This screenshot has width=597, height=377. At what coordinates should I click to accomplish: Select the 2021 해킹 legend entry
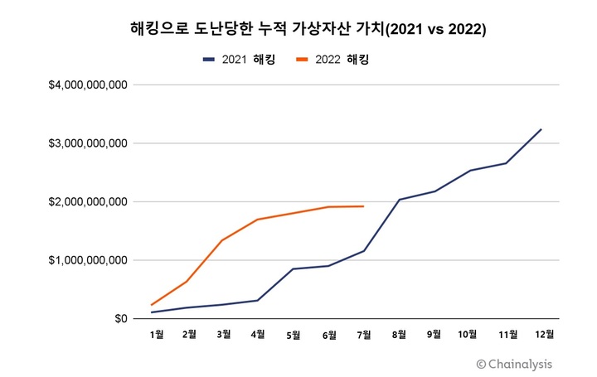point(238,60)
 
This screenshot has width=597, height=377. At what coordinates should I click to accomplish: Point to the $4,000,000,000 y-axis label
point(88,85)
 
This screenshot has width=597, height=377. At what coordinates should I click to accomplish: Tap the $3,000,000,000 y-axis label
point(88,143)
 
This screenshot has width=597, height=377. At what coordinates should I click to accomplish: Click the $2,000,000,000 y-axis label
point(88,202)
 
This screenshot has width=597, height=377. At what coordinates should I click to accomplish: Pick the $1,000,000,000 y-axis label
point(88,260)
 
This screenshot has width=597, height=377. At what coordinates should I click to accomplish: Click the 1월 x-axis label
point(156,335)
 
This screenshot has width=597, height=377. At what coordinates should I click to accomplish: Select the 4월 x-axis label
point(258,335)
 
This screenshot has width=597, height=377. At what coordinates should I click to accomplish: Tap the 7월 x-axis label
point(363,335)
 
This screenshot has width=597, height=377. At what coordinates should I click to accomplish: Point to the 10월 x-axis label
point(468,335)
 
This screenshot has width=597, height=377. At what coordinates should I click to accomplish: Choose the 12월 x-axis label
point(544,335)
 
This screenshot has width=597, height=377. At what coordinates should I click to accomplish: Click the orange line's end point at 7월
point(363,206)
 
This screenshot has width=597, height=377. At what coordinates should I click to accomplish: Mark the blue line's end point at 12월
point(541,129)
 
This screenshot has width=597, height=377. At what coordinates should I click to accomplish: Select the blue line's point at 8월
point(399,200)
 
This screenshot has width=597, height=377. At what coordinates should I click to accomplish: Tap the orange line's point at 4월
point(258,220)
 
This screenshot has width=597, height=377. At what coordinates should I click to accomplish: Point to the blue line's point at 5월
point(293,269)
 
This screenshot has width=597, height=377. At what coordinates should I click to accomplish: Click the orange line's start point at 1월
point(152,305)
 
